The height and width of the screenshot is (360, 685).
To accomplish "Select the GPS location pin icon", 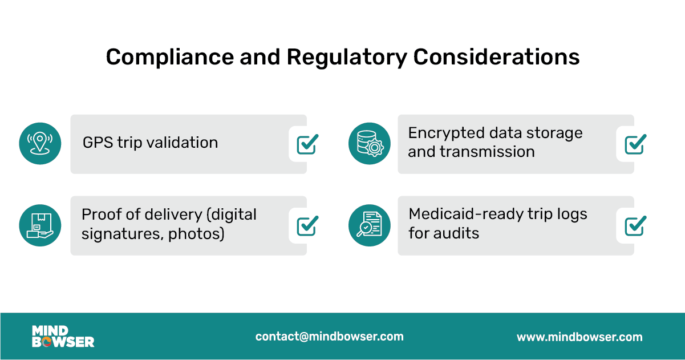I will point(40,143).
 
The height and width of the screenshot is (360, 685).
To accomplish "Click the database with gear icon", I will point(369,143).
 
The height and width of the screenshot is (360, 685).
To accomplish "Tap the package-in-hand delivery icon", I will point(40,225).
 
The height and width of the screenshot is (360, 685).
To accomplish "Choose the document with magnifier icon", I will point(369,225).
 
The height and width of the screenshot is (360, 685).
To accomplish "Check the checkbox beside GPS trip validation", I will point(307,144).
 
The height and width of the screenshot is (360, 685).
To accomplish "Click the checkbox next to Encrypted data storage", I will point(635,144).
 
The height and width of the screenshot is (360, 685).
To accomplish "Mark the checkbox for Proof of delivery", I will point(307,226).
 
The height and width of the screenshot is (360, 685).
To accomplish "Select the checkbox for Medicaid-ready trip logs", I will point(635,226).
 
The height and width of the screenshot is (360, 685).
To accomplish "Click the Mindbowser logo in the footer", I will point(63,337).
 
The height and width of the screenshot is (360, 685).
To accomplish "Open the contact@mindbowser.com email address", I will point(329,337).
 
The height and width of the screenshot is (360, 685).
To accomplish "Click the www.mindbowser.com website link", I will point(579,337).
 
